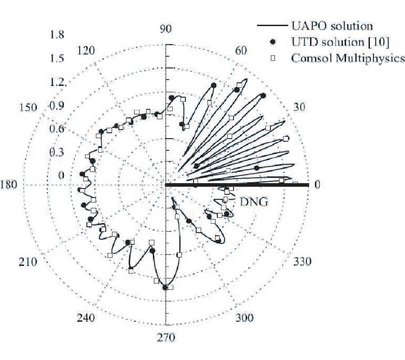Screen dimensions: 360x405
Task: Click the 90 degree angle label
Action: (x=166, y=29)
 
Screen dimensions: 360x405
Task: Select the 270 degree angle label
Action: (x=166, y=337)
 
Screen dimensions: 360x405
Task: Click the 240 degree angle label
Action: (x=85, y=318)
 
